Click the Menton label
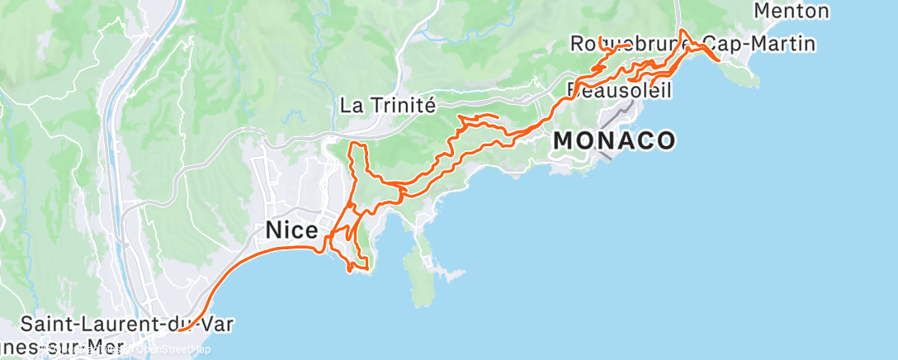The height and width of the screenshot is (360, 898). coord(792,11)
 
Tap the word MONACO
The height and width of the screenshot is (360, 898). coord(614,140)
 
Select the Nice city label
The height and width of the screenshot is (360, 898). coord(291,231)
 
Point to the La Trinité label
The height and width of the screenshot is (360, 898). coord(387,106)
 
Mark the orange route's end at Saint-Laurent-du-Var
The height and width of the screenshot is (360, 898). coord(179,330)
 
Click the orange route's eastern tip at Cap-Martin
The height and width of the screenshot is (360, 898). coord(720,60)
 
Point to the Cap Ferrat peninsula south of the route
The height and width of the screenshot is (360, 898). coord(421,264)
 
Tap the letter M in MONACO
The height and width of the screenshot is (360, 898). coord(564,140)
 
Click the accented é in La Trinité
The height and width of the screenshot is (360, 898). coord(429,106)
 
